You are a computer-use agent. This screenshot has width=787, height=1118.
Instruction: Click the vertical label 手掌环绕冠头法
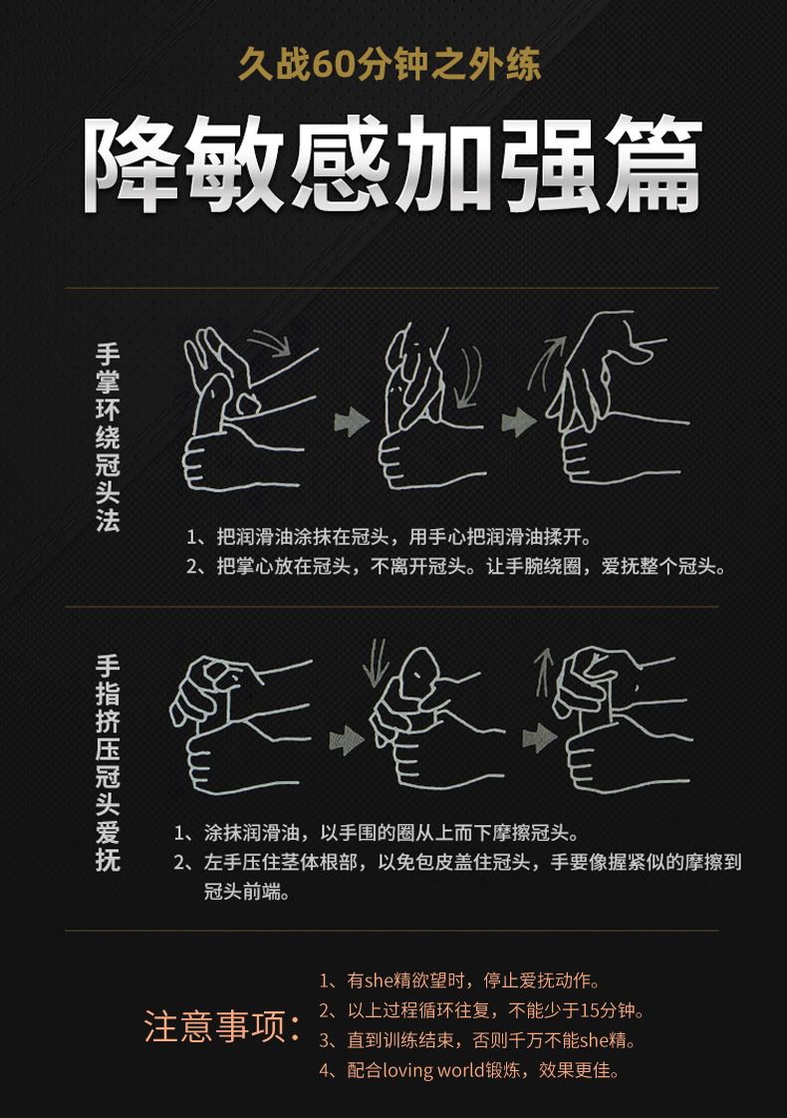[108, 437]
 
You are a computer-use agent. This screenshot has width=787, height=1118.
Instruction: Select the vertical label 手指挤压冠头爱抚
[108, 762]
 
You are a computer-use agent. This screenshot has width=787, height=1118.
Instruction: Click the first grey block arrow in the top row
[352, 421]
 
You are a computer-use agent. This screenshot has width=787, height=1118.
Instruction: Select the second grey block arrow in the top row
[519, 421]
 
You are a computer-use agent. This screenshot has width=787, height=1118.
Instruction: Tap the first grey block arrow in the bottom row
[347, 740]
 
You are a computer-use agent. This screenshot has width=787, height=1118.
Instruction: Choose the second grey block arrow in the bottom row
[540, 738]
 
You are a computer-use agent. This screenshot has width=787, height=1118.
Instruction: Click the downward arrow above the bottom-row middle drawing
[375, 663]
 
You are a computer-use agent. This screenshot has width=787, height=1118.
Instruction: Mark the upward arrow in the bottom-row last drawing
[545, 673]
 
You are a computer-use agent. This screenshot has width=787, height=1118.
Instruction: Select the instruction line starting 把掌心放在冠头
[456, 566]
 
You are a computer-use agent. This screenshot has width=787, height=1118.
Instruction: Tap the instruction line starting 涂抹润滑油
[377, 832]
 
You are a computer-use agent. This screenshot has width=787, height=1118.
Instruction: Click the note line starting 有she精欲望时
[460, 980]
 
